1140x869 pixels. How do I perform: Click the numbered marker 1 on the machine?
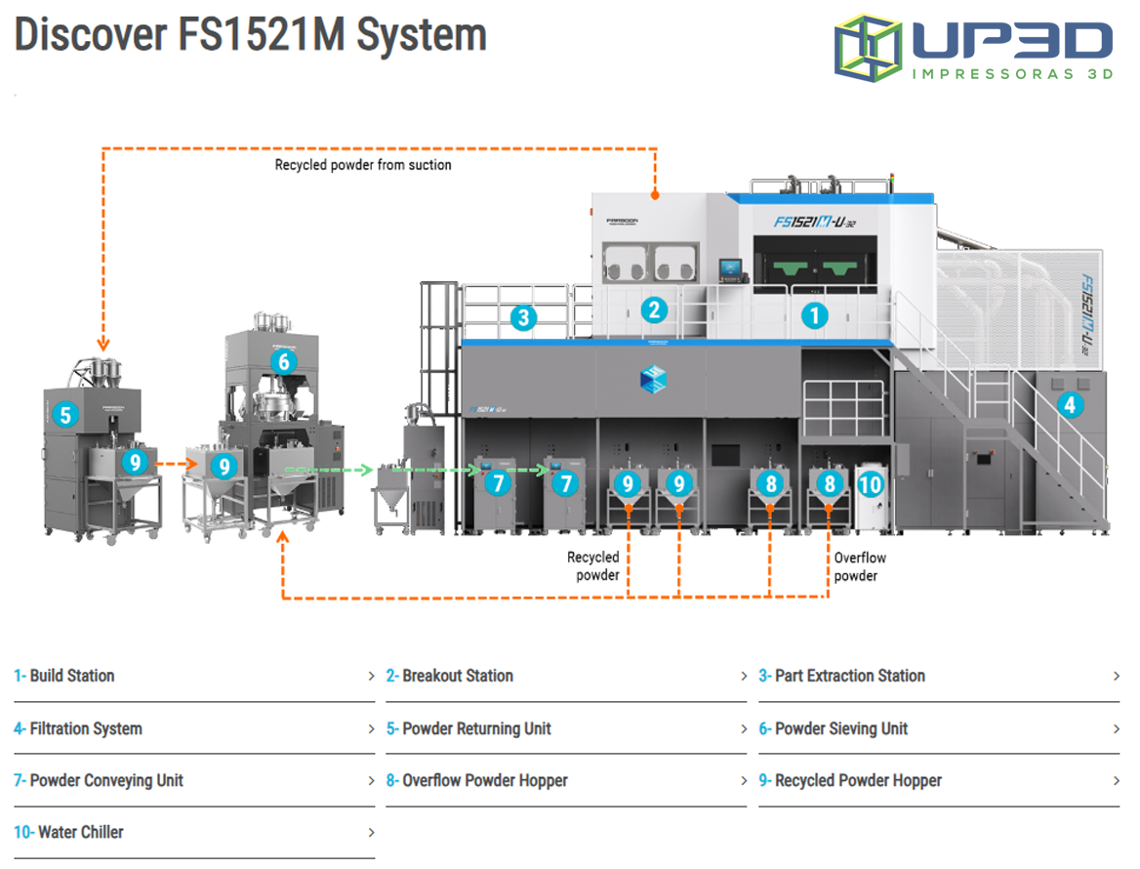(814, 314)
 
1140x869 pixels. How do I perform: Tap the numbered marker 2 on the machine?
(654, 311)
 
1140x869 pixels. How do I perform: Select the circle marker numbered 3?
(524, 317)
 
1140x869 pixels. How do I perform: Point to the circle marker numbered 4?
(1071, 404)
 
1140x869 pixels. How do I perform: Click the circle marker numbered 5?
(65, 415)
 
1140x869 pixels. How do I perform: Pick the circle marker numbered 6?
(284, 362)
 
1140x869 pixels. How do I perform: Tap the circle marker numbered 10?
(871, 483)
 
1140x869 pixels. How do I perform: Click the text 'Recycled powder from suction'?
(363, 165)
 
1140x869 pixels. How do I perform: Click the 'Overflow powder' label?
(860, 567)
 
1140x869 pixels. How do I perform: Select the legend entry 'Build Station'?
(71, 676)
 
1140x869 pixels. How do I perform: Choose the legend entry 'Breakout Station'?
(457, 676)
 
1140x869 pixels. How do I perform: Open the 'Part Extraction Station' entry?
(849, 676)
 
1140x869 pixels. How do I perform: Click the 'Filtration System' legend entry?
(85, 728)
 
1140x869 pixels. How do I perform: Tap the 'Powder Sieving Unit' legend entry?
(840, 728)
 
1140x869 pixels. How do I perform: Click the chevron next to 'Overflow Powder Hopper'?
(744, 781)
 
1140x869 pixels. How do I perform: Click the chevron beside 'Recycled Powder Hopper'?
(1117, 781)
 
